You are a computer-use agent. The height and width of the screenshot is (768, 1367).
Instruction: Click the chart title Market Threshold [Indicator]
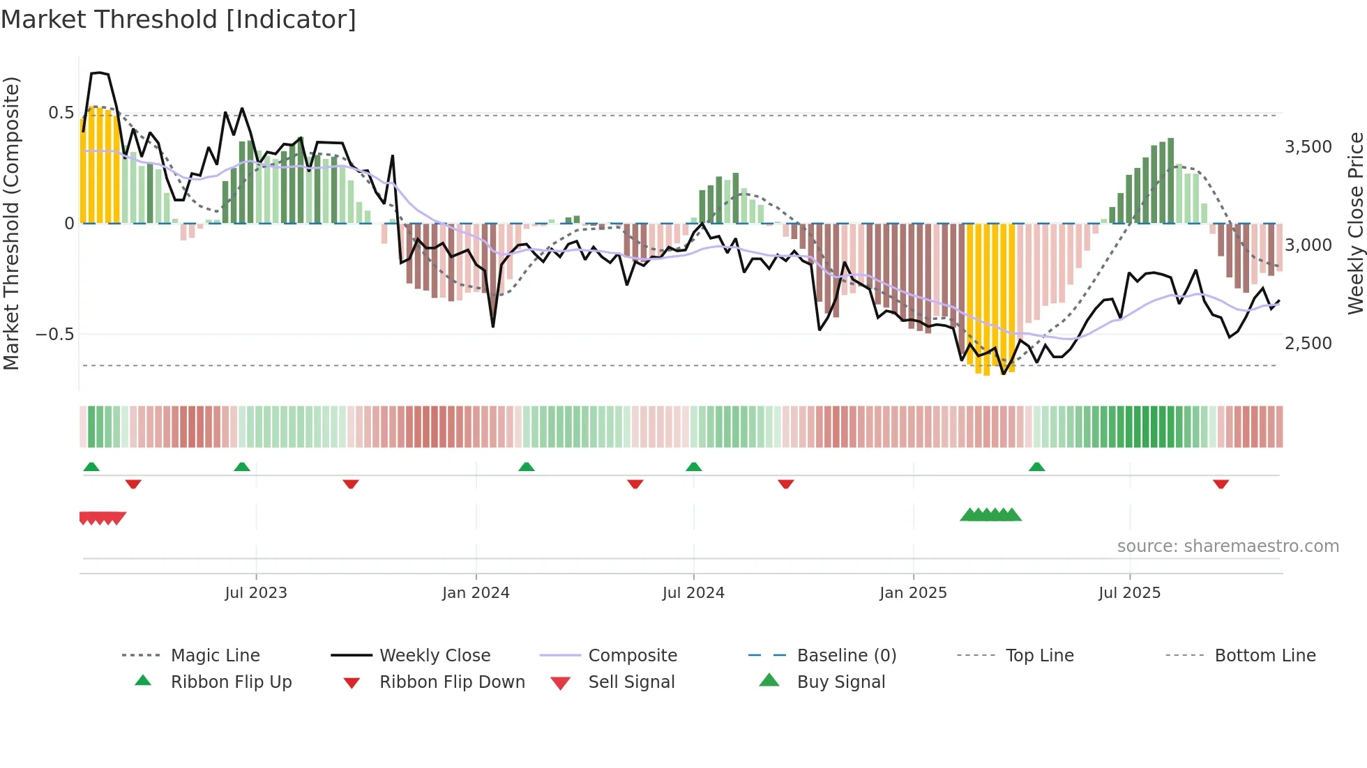pos(179,20)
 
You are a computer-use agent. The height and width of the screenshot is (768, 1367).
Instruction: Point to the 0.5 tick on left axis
pos(61,113)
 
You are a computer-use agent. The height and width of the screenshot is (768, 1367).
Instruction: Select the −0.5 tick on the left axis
pos(55,335)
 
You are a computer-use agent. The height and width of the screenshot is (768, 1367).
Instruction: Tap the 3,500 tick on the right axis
pos(1308,147)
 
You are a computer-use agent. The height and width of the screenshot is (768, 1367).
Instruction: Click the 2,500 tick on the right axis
pos(1308,344)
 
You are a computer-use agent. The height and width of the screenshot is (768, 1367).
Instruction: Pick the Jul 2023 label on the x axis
pos(256,593)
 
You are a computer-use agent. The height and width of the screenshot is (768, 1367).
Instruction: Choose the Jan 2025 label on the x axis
pos(913,593)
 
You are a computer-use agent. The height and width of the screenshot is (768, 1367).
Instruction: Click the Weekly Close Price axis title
pos(1355,223)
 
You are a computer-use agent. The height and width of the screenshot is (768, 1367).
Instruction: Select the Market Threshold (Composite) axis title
pos(11,223)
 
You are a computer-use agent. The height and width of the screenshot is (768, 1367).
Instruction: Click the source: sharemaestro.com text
pos(1228,546)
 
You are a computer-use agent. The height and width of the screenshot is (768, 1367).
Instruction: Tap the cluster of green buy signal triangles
pos(990,515)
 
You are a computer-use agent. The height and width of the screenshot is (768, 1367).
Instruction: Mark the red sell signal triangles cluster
pos(103,518)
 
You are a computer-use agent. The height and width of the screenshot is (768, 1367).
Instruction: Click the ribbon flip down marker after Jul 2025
pos(1221,484)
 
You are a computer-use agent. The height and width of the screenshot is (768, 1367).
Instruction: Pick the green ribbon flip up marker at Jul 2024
pos(693,467)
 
